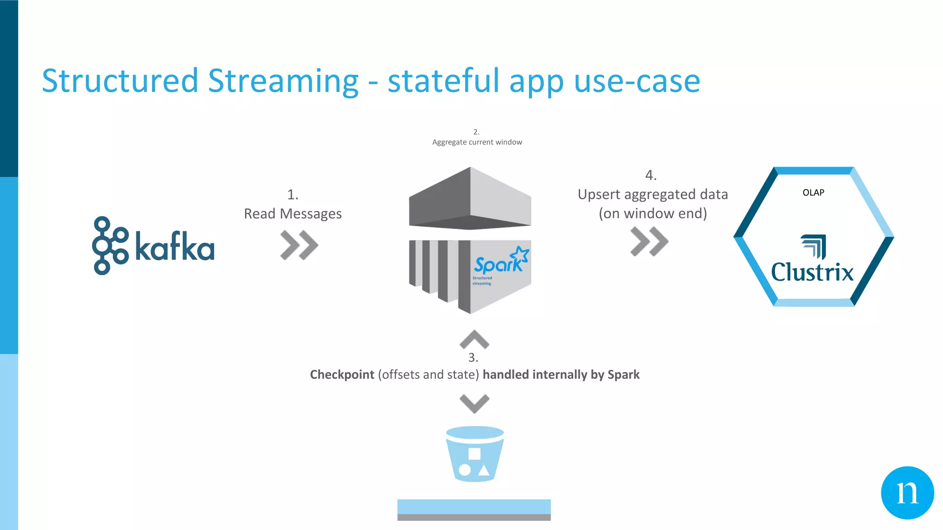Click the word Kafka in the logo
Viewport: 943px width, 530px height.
[x=175, y=247]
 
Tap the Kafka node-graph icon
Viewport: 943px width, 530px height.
[x=110, y=246]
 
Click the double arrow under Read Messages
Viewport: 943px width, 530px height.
[x=299, y=245]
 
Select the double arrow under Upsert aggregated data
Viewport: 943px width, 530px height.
[x=649, y=241]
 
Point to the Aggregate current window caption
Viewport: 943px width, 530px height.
[x=477, y=142]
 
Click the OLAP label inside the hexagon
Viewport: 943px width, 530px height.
[x=813, y=193]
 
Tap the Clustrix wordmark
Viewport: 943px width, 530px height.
[x=812, y=272]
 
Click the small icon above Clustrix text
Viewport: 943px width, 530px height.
[x=814, y=246]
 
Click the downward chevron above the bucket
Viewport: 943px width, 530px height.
[x=474, y=403]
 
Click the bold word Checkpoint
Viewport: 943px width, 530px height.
[x=342, y=374]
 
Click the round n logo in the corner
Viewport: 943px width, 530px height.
[x=907, y=493]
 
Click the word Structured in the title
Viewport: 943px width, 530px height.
[x=120, y=81]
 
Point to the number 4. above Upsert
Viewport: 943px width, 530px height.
[x=651, y=175]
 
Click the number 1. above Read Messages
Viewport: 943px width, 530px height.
[x=293, y=195]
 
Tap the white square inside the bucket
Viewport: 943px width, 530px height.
[x=474, y=454]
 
